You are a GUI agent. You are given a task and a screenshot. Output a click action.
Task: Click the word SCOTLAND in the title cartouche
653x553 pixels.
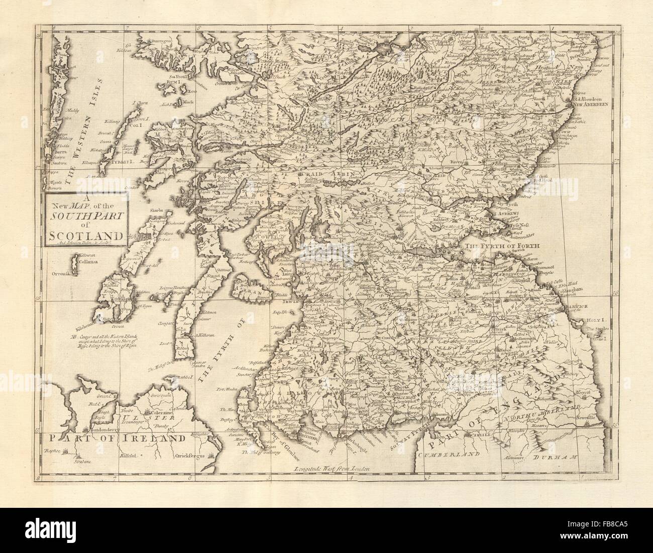click(x=84, y=235)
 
